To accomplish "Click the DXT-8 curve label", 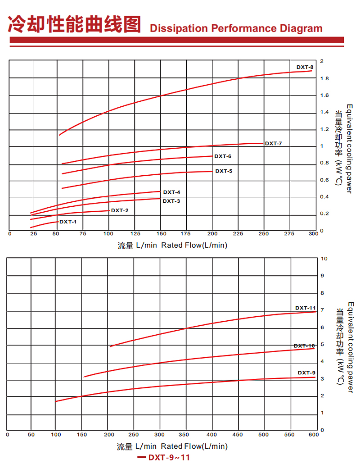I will (x=305, y=67).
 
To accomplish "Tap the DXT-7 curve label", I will (x=273, y=144).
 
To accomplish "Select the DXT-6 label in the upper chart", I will (x=223, y=156).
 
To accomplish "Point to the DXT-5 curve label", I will (x=224, y=171).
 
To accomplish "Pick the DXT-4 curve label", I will (x=171, y=192).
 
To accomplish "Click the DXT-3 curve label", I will (x=171, y=201).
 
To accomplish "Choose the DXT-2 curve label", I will (x=120, y=210).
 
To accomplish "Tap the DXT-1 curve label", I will (x=68, y=222).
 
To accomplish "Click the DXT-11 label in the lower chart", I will (x=306, y=308).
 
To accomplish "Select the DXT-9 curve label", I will (x=306, y=373).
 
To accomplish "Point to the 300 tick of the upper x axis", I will (x=313, y=234).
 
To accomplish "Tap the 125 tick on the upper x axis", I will (x=135, y=234).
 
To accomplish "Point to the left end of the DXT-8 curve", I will (x=59, y=135).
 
